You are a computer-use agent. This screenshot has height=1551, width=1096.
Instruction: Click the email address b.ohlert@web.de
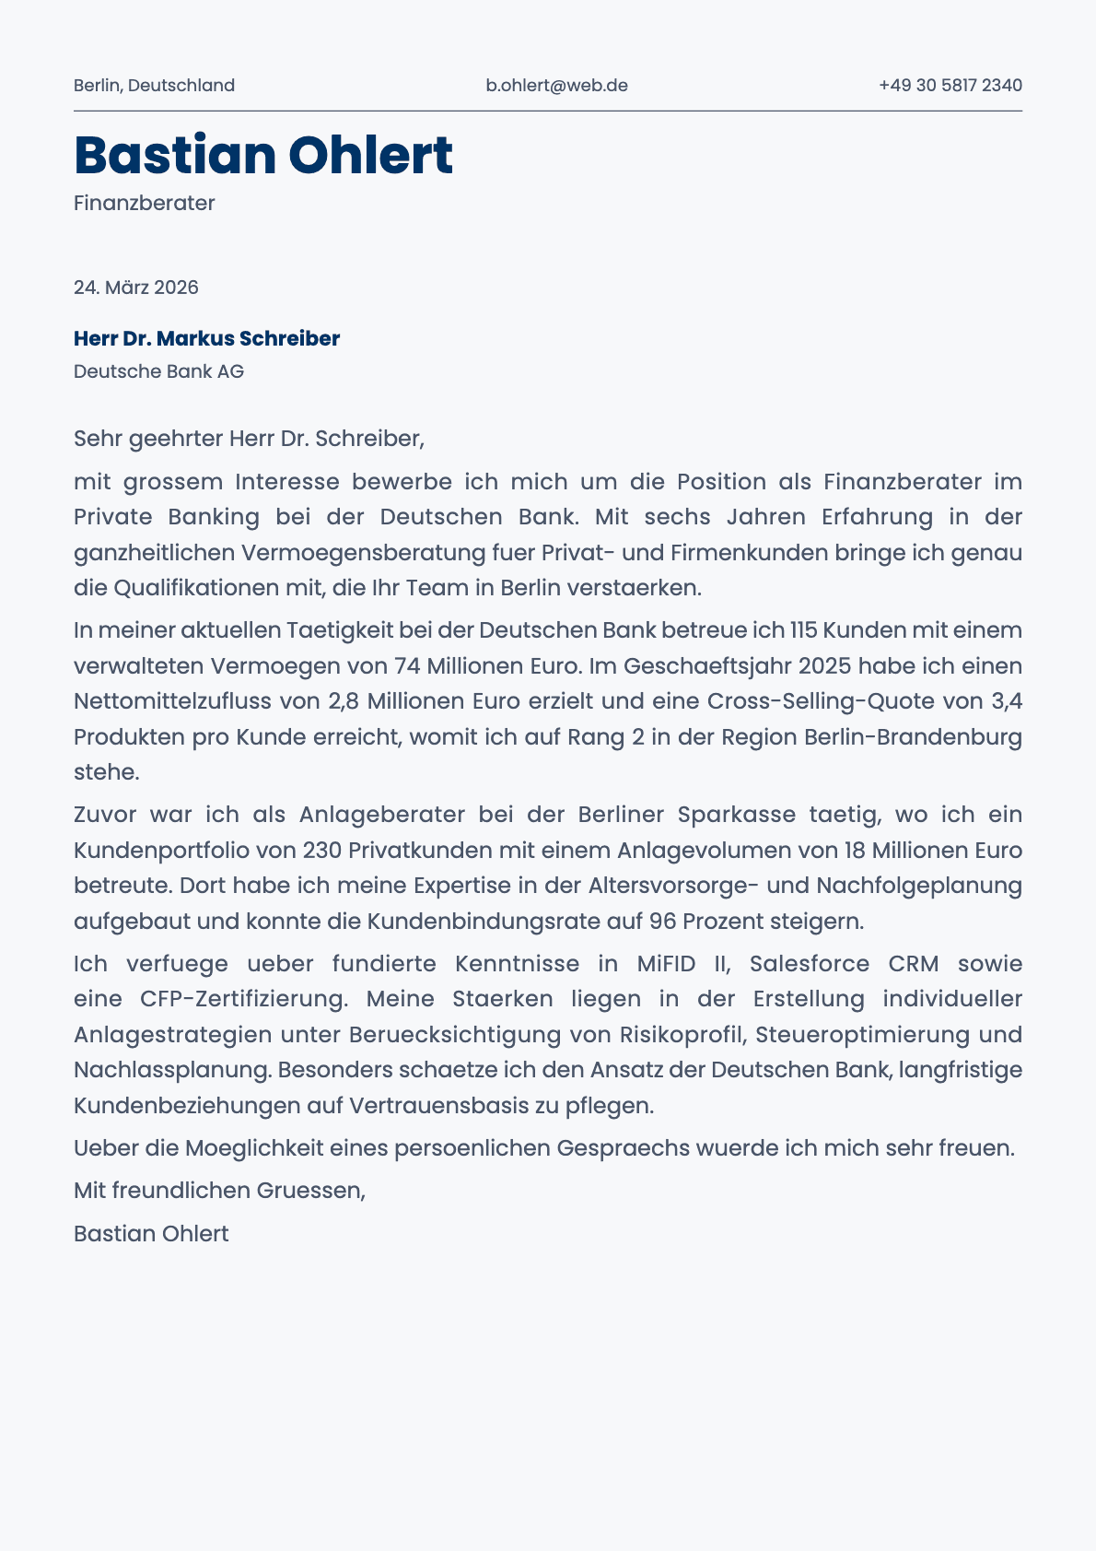(x=556, y=86)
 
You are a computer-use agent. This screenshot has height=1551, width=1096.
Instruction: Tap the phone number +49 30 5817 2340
(x=950, y=86)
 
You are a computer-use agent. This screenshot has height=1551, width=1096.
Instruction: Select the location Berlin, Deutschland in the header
(x=154, y=86)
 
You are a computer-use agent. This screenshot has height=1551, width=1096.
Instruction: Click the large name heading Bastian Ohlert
(x=263, y=155)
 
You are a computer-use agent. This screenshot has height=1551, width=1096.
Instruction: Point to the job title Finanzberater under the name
(x=144, y=203)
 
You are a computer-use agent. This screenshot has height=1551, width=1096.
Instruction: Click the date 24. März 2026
(x=136, y=288)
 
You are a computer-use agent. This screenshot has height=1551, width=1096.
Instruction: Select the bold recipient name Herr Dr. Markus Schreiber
(x=206, y=338)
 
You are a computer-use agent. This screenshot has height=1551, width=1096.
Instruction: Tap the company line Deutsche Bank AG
(x=158, y=371)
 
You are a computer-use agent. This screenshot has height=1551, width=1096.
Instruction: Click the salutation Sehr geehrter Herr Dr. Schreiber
(x=249, y=439)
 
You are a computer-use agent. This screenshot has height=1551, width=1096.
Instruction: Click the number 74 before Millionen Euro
(x=407, y=666)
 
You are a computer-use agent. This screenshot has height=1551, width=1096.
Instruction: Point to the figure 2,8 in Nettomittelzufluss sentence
(x=344, y=701)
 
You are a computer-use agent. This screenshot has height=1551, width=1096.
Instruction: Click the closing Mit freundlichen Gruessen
(x=219, y=1191)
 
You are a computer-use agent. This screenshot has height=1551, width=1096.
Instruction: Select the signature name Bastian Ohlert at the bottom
(x=151, y=1234)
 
